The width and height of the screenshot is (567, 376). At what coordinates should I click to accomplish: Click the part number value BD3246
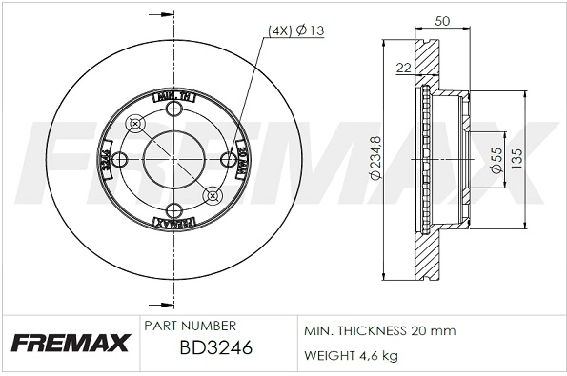(216, 349)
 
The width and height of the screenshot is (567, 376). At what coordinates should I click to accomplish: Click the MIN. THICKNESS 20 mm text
(379, 330)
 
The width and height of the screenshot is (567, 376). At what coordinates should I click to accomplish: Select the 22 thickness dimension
(403, 67)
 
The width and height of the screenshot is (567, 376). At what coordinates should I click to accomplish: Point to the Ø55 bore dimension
(496, 159)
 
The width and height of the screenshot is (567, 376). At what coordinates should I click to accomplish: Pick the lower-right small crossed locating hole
(212, 196)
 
